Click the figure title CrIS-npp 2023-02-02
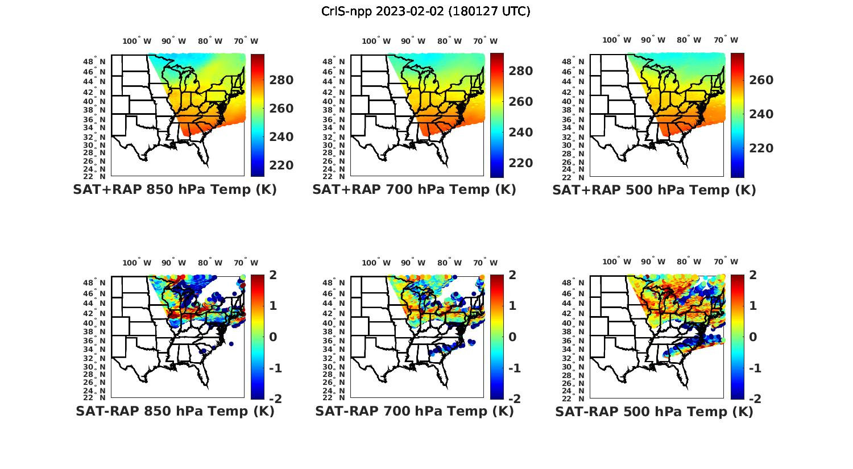click(x=425, y=11)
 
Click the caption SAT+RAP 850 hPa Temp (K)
click(x=175, y=190)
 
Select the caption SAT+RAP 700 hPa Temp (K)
click(x=414, y=190)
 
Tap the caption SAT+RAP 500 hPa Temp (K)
click(x=654, y=190)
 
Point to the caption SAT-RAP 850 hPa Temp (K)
click(x=175, y=411)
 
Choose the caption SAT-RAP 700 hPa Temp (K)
click(x=414, y=411)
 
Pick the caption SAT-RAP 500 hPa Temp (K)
click(x=654, y=411)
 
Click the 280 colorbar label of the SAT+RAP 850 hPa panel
click(x=281, y=80)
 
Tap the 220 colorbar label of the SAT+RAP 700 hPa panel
click(x=520, y=163)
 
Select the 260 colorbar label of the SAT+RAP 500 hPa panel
click(x=761, y=80)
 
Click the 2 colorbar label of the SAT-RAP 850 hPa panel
click(x=273, y=275)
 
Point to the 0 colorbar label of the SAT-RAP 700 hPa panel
click(x=512, y=337)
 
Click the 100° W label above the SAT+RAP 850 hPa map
click(x=136, y=41)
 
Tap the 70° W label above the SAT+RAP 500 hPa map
click(x=725, y=40)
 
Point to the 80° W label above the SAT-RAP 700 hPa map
click(x=449, y=263)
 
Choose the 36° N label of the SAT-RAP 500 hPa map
click(x=574, y=341)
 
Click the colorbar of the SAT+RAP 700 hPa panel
click(x=497, y=115)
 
